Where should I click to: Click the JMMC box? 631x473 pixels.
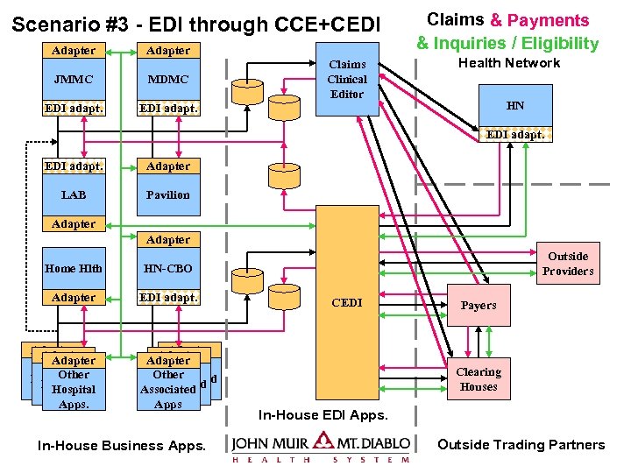(x=74, y=80)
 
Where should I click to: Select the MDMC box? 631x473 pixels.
(x=168, y=80)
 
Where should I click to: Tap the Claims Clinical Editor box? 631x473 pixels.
(x=347, y=79)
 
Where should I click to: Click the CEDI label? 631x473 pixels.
(x=347, y=302)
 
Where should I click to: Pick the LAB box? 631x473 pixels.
(x=74, y=194)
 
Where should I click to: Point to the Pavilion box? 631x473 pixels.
(x=168, y=194)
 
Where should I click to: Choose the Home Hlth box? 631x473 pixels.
(x=74, y=269)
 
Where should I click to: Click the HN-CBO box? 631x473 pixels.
(x=168, y=269)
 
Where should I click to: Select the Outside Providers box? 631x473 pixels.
(x=568, y=263)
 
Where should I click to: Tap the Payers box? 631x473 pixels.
(x=479, y=306)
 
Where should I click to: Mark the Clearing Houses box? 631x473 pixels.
(x=479, y=379)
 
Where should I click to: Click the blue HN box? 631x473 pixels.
(x=515, y=106)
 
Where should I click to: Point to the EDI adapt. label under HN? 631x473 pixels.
(x=515, y=134)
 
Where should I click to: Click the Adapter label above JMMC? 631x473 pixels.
(x=74, y=51)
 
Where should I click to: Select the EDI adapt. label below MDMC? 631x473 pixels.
(x=168, y=109)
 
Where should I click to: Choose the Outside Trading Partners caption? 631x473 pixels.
(x=521, y=445)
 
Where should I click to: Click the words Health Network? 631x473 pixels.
(x=509, y=63)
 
